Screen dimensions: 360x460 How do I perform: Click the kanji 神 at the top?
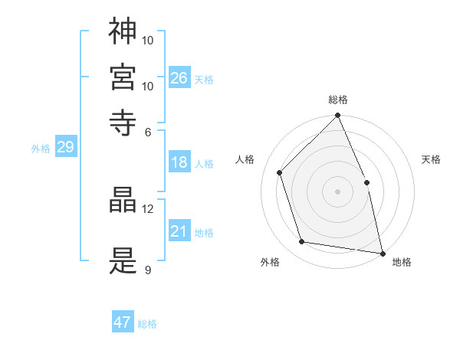point(123,31)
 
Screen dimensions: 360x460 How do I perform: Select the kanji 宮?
point(123,77)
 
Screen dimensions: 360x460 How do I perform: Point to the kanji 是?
point(123,261)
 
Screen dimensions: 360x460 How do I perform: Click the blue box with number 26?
point(179,78)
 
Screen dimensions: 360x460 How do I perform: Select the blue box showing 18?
point(179,162)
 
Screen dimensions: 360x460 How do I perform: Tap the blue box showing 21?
point(179,231)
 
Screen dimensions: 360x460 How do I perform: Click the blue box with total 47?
point(123,322)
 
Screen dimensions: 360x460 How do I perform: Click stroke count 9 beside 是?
point(147,270)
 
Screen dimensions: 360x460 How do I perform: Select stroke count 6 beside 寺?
point(148,132)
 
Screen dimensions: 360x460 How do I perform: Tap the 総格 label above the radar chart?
point(338,100)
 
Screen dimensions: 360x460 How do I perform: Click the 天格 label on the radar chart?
point(432,159)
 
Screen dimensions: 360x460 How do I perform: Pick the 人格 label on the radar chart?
point(245,159)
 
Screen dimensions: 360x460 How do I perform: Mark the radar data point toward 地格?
point(382,253)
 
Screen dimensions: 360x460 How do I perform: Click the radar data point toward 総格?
point(338,116)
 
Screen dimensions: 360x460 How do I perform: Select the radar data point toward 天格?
point(366,182)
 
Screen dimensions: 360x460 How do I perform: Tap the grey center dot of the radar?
point(338,191)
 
